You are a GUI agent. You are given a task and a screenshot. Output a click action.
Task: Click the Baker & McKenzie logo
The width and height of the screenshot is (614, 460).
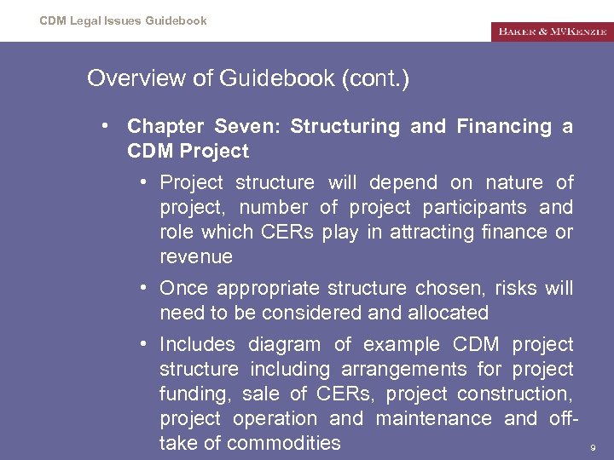click(552, 32)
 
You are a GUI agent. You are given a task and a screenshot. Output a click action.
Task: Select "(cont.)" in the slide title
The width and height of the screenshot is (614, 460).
click(375, 79)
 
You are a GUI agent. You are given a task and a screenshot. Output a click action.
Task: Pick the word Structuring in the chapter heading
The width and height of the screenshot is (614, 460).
click(345, 127)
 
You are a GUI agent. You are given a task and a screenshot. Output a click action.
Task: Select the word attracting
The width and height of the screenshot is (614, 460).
click(430, 232)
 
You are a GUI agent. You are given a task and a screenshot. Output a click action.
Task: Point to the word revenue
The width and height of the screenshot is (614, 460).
click(195, 256)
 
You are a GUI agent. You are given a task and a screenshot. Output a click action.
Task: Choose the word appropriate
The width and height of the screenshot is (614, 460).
click(258, 288)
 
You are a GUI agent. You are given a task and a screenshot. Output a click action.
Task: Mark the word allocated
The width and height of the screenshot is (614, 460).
click(442, 313)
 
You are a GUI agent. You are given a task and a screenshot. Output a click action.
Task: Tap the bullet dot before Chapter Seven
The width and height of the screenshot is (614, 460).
click(102, 126)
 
